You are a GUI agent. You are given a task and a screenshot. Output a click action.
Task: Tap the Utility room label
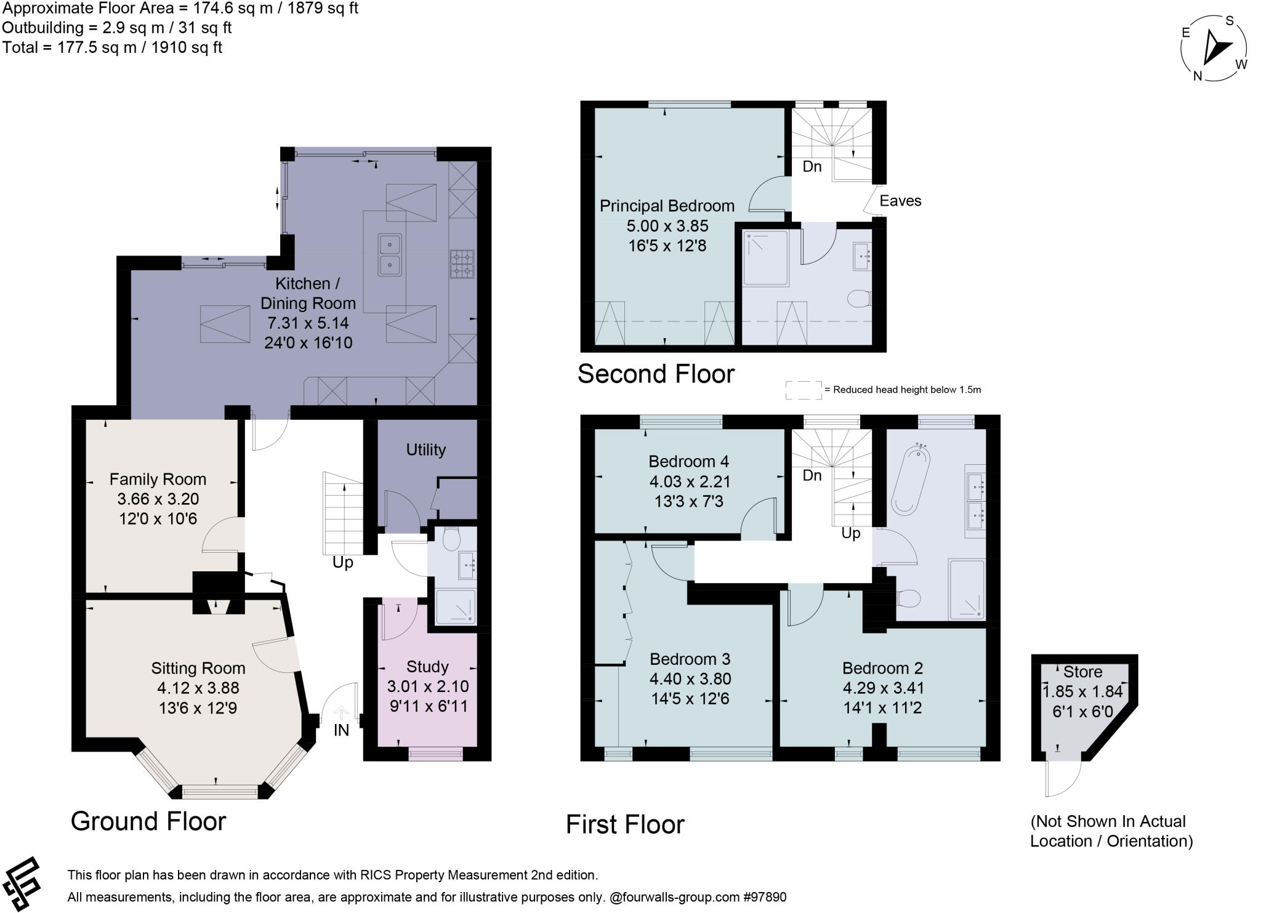coord(425,449)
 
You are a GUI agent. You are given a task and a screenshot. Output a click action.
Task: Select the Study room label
coord(427,667)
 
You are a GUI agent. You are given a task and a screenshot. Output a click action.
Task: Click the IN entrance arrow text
coord(341,730)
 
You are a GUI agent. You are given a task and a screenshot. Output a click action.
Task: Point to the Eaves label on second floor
coord(900,201)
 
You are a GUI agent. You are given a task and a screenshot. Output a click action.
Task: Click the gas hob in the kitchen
coord(462,263)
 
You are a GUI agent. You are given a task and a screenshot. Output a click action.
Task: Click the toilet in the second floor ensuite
coord(858,299)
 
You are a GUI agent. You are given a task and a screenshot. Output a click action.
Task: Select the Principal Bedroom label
coord(667,206)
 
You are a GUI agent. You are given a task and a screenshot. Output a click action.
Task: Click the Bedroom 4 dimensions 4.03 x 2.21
coord(690,481)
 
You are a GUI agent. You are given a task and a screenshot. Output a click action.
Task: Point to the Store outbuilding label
coord(1082,672)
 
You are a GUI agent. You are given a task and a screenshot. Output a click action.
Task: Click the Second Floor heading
coord(656,374)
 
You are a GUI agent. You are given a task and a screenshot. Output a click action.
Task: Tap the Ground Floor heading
coord(148,821)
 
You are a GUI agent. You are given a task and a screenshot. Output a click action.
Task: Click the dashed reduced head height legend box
coord(804,390)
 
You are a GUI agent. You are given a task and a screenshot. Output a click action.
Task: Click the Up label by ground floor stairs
coord(343,563)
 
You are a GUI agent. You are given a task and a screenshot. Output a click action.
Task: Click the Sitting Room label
coord(198,668)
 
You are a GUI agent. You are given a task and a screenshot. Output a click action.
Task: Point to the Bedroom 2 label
coord(882,668)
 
